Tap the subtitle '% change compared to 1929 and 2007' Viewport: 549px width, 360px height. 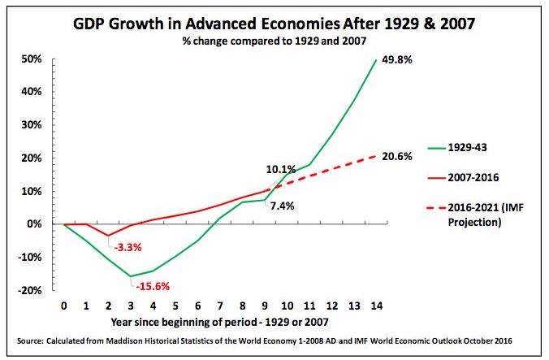click(275, 42)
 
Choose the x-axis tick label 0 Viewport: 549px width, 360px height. click(63, 307)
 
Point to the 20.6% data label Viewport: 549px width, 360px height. click(401, 155)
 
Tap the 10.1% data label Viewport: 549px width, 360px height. click(279, 169)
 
